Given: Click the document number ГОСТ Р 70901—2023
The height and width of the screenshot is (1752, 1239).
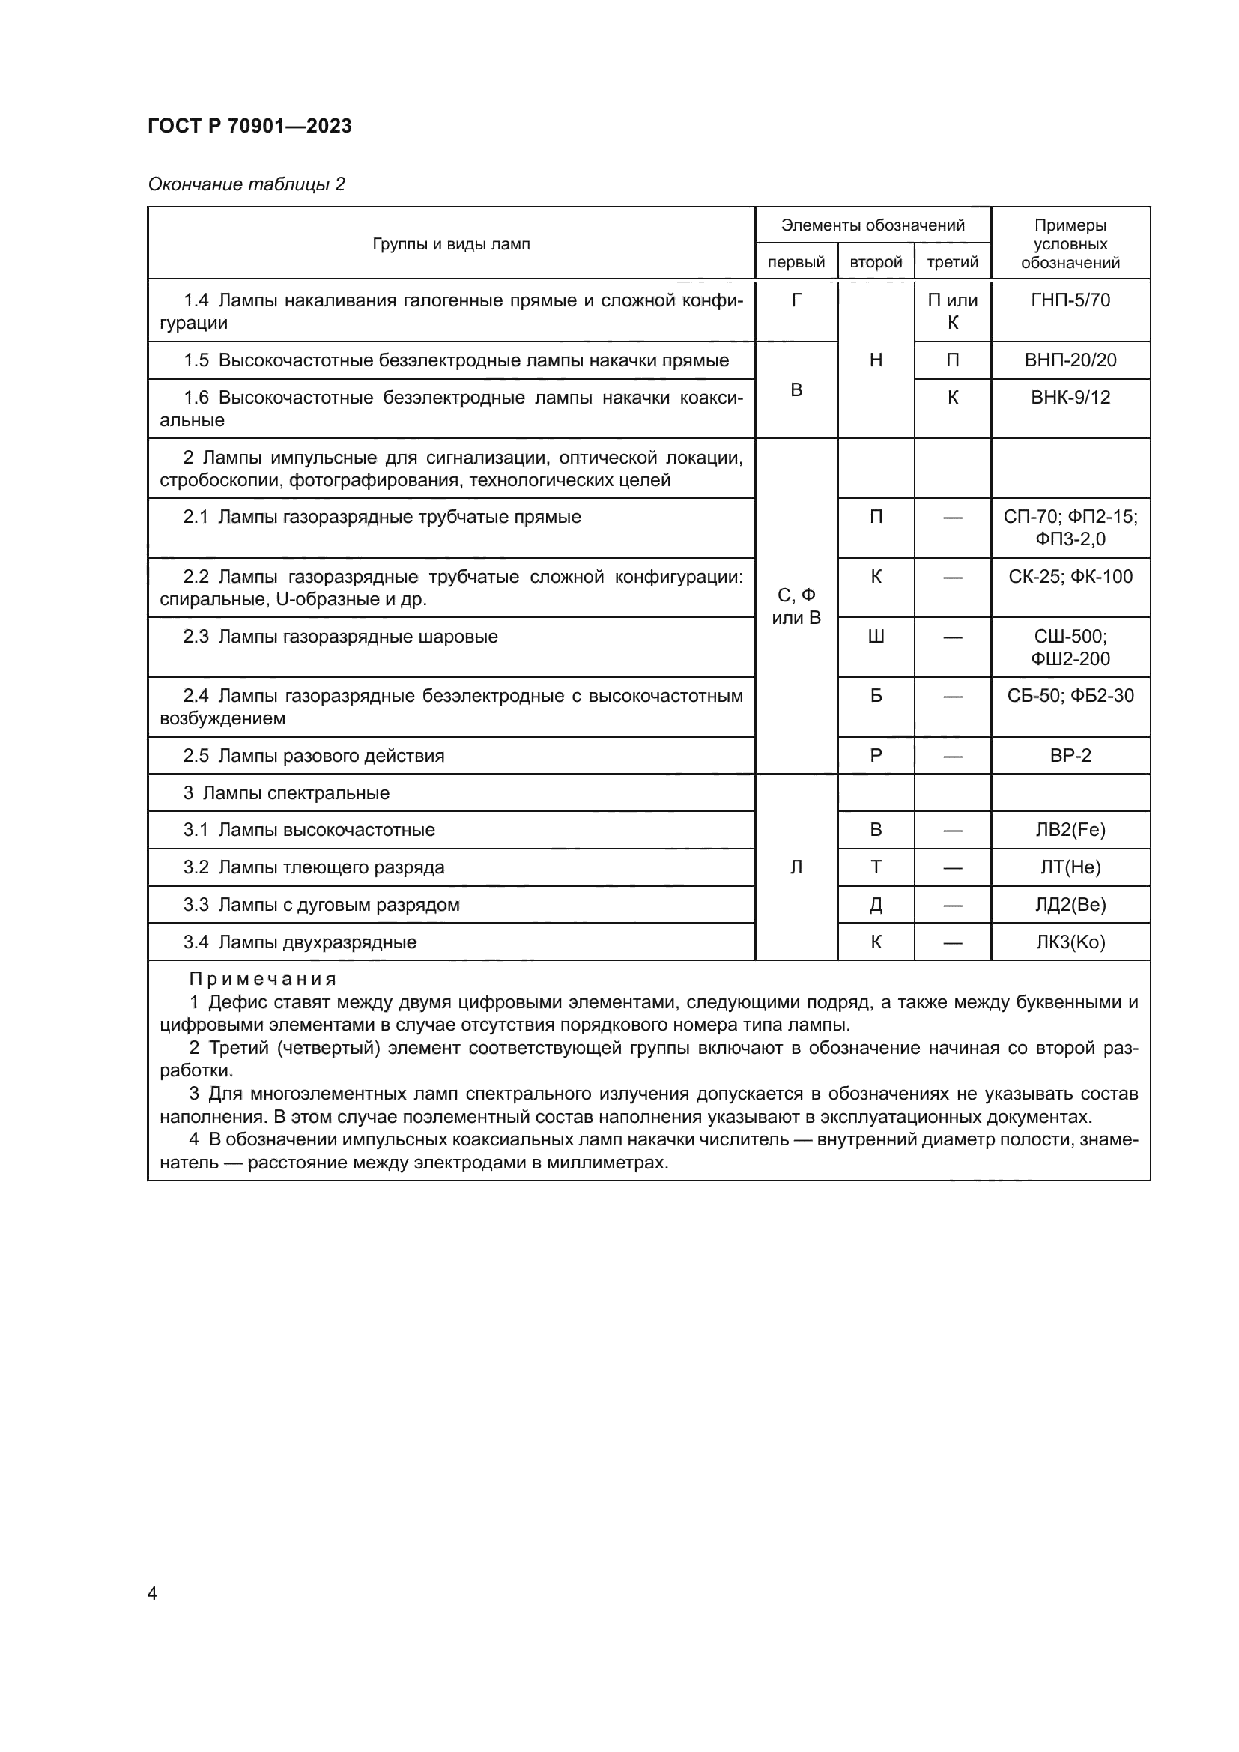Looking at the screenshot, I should coord(249,126).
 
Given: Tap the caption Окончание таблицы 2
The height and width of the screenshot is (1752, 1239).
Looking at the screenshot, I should coord(246,184).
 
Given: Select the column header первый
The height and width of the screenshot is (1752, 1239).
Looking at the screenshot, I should coord(796,262).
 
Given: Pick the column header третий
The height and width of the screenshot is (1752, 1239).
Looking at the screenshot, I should coord(952,262).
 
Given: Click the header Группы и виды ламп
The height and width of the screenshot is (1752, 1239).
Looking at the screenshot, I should coord(451,244).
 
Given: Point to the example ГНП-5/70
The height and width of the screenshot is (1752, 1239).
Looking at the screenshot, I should coord(1070,300).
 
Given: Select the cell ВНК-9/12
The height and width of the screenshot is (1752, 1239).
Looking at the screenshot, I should coord(1070,398).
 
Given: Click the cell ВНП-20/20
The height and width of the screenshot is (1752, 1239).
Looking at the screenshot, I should coord(1070,360).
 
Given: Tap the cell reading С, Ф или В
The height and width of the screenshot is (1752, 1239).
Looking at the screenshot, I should coord(796,607).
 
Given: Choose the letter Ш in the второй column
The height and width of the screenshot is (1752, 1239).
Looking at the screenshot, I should coord(876,637).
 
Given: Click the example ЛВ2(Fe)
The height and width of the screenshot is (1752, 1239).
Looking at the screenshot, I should coord(1070,830).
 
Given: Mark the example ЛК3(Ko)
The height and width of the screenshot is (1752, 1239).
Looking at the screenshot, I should coord(1070,942).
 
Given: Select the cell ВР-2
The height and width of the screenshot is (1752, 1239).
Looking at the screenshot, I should coord(1070,756).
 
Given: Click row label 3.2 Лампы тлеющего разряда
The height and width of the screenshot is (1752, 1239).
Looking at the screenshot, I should coord(314,867).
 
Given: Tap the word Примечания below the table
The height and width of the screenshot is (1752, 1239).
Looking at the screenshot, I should coord(262,979).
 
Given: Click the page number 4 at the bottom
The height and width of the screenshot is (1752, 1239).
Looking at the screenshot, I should coord(152,1594).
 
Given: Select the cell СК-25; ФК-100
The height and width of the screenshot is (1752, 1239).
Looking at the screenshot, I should coord(1070,577).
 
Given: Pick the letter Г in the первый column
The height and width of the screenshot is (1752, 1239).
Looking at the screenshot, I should coord(796,300).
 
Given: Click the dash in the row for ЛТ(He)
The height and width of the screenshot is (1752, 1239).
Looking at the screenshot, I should coord(952,867).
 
